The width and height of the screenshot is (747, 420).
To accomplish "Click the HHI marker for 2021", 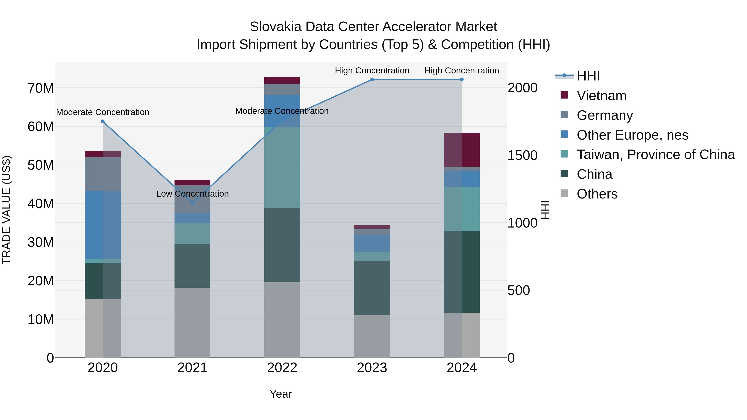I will [x=192, y=203].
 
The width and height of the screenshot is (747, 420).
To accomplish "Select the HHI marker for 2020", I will [x=103, y=122].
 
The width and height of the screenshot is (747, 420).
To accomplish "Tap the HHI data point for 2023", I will [x=372, y=79].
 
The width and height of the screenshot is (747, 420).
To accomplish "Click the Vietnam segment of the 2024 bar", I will [x=462, y=150].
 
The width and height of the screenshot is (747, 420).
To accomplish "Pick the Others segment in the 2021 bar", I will [x=192, y=322].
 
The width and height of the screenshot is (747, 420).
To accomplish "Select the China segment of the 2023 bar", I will [x=372, y=288].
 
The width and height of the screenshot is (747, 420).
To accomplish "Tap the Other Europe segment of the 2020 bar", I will [x=103, y=225].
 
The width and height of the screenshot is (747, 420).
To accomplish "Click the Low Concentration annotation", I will [x=192, y=194].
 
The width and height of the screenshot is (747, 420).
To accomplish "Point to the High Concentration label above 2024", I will [x=462, y=71].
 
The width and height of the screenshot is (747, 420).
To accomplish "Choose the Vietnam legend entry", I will [x=601, y=96].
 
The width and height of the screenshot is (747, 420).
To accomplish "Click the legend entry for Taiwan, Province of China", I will [x=655, y=155].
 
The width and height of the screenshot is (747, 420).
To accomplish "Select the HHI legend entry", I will [x=588, y=76].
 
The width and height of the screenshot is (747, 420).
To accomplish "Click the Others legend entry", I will [x=597, y=194].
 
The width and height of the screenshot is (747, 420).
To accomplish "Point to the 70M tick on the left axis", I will [x=41, y=88].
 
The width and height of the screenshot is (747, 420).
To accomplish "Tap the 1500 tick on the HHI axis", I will [x=522, y=155].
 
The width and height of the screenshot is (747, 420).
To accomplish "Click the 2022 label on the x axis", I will [x=282, y=368].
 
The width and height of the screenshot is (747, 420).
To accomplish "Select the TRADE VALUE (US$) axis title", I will [x=6, y=210].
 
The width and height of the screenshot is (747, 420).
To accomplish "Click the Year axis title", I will [x=280, y=394].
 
